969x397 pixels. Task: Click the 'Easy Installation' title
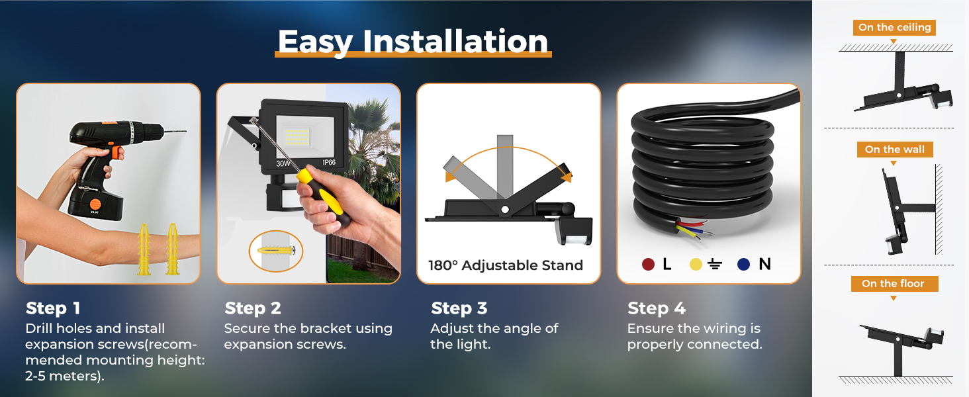[x=413, y=42]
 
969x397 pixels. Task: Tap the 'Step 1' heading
[x=53, y=308]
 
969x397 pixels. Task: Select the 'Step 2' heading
[x=253, y=308]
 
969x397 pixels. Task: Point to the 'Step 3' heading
[x=459, y=308]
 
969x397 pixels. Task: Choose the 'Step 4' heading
[x=656, y=308]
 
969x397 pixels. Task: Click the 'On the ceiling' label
[x=895, y=28]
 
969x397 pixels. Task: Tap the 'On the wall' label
[x=895, y=150]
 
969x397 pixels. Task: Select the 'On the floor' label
[x=893, y=284]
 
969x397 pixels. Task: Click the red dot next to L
[x=648, y=264]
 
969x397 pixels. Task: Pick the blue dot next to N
[x=743, y=264]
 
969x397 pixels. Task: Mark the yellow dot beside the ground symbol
[x=696, y=264]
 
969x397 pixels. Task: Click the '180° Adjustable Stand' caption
[x=506, y=265]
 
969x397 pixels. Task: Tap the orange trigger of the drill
[x=116, y=152]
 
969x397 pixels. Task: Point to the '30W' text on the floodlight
[x=283, y=163]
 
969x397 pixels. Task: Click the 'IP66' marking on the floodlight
[x=329, y=163]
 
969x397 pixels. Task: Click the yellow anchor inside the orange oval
[x=276, y=250]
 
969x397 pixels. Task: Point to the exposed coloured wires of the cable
[x=692, y=228]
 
